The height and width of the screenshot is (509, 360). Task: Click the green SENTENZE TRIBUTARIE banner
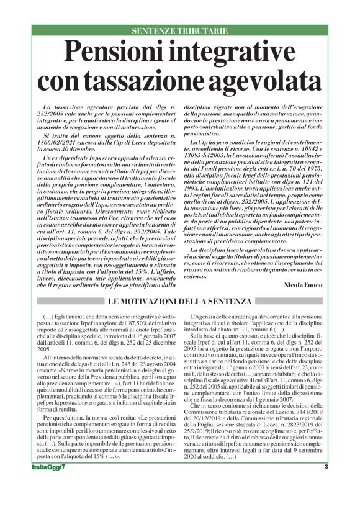coord(180,30)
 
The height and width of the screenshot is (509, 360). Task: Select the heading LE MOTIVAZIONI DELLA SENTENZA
coord(179,301)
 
